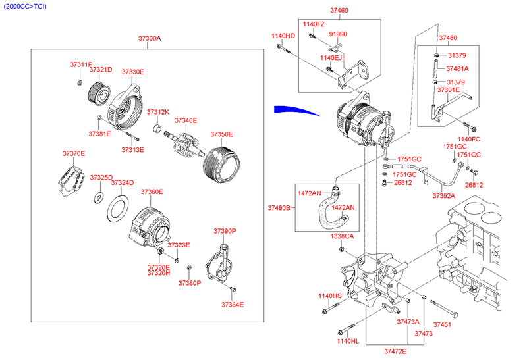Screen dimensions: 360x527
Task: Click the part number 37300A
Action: [x=150, y=39]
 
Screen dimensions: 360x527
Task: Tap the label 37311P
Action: [x=82, y=64]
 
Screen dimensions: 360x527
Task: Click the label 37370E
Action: [x=74, y=153]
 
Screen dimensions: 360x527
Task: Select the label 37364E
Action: [x=233, y=305]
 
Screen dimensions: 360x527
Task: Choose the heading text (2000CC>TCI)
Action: [x=25, y=6]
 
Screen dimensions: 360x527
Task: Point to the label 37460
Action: [x=339, y=11]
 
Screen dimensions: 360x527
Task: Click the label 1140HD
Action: [x=283, y=36]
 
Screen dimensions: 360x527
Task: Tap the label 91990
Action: [x=338, y=34]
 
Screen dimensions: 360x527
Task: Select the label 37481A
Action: [x=457, y=68]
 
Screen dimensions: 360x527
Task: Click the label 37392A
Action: [x=444, y=195]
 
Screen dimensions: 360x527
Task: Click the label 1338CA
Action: [x=343, y=236]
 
